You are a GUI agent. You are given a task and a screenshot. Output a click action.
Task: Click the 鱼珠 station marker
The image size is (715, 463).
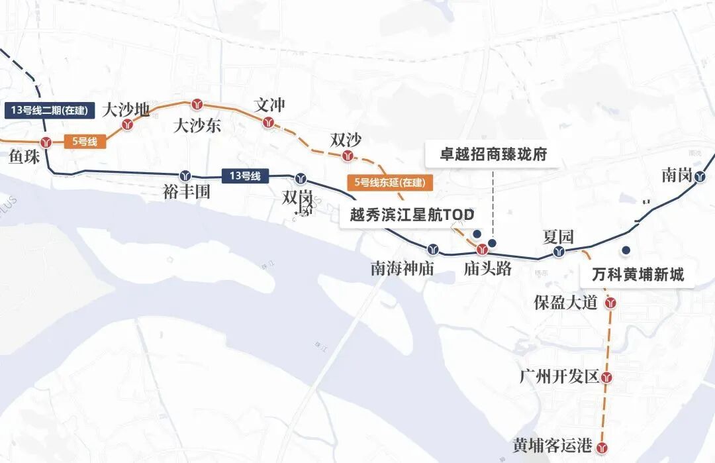46,142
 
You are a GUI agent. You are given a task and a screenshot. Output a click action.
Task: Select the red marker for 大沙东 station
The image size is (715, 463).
197,105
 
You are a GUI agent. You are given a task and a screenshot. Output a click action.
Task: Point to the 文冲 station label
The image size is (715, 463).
270,105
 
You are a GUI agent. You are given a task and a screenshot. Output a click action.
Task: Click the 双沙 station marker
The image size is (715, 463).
348,156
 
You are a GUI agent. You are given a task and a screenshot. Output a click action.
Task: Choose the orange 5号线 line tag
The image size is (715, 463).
85,141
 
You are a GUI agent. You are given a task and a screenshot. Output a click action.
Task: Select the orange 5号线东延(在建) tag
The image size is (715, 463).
390,182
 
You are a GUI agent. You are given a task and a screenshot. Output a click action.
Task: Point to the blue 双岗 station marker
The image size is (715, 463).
301,178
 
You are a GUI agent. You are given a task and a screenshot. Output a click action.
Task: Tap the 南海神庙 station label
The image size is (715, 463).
402,268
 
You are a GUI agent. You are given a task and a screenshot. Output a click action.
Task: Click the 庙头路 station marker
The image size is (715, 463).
483,250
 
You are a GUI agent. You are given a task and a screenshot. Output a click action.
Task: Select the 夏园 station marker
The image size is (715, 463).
559,252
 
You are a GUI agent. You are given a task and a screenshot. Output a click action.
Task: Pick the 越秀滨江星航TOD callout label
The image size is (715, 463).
412,216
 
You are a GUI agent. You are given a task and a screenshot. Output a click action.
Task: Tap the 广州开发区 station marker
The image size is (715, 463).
606,378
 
